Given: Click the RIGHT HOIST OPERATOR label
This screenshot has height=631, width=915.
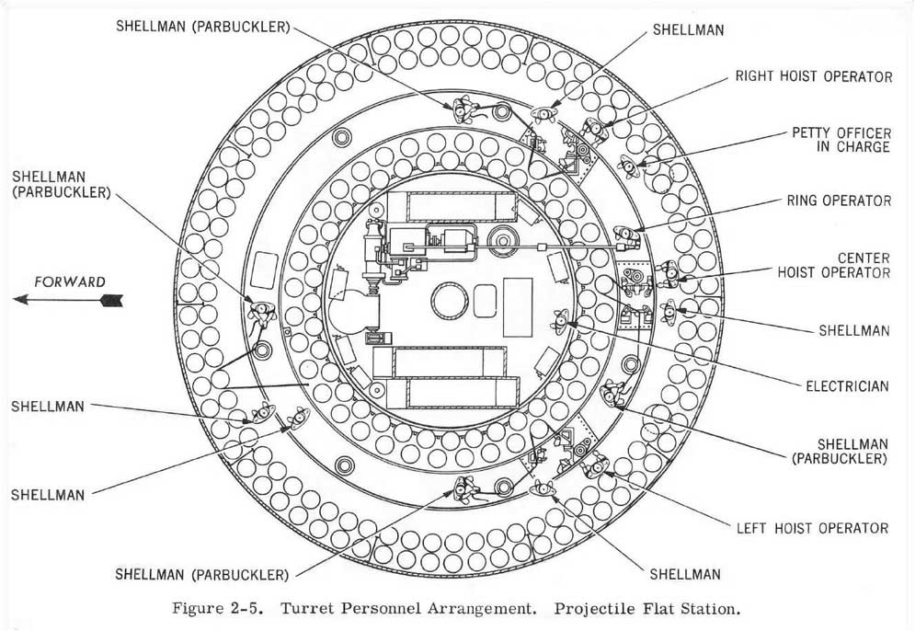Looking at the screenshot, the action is pos(814,76).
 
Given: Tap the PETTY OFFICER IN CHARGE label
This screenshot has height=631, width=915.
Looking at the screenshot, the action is pos(841,140).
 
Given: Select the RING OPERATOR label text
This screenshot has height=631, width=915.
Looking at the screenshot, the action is pos(840,201).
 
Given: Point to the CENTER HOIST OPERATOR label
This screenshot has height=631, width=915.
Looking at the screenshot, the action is pos(834,265).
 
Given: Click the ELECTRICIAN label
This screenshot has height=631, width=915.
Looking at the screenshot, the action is pos(847,385).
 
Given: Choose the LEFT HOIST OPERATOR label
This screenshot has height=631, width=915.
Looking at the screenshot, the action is pos(812,528).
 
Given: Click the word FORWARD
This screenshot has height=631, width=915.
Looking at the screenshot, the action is pos(70,282).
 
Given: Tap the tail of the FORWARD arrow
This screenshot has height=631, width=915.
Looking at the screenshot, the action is pos(122,301).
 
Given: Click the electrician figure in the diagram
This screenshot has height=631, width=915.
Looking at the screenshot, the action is pos(561,321).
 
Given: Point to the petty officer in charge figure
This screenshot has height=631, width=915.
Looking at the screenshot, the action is pos(630,166).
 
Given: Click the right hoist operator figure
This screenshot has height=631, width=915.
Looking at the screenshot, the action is pos(596,131).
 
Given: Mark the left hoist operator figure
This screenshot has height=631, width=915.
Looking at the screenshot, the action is pos(595,465).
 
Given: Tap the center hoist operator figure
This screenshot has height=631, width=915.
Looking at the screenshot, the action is pos(669,274).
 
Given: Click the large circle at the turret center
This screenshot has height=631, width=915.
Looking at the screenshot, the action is pos(450,301).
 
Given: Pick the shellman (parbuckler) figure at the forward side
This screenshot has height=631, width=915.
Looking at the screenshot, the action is pos(261,313).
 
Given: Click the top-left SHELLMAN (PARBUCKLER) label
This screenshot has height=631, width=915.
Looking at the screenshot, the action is pos(202,27).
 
